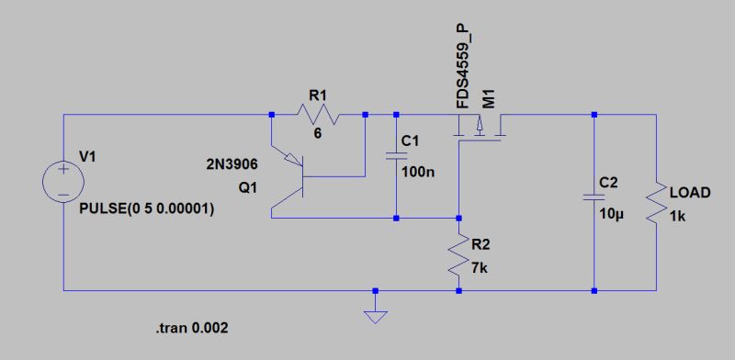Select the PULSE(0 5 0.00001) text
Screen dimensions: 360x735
[x=148, y=209]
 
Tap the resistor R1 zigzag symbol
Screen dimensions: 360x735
[x=317, y=116]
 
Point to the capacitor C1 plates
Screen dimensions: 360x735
[x=396, y=157]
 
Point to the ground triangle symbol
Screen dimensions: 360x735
[x=374, y=317]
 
